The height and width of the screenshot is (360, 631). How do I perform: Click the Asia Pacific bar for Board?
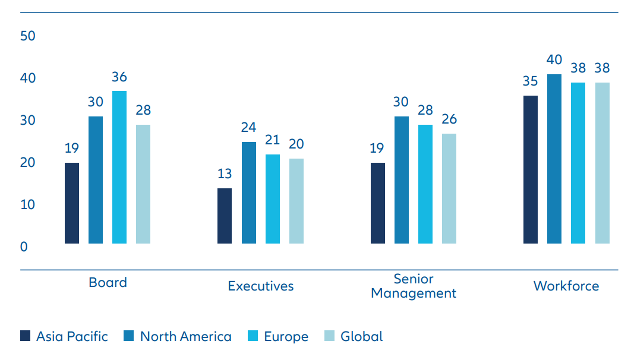coord(72,203)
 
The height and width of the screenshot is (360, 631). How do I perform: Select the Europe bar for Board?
coord(119,167)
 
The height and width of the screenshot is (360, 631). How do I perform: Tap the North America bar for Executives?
coord(249,192)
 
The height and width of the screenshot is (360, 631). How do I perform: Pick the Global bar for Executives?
coord(296,201)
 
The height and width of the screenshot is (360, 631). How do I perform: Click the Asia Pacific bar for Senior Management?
coord(378,203)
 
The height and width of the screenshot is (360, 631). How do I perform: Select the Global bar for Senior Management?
coord(449,188)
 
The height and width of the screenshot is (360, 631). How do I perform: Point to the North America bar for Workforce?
coord(554,159)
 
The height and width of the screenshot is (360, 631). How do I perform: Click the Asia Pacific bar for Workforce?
coord(531,169)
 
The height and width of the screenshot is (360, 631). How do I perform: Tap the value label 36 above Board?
coord(119,77)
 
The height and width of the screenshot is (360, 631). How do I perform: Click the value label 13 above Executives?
coord(225,174)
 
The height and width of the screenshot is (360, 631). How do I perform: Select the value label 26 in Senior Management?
coord(449,119)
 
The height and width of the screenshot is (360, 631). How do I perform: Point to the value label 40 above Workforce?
coord(554,60)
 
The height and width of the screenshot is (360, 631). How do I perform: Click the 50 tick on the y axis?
coord(28,36)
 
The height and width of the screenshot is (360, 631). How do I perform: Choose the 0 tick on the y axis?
coord(24,247)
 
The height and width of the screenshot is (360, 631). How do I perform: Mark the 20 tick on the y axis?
coord(28,162)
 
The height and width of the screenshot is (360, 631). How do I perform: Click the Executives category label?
coord(261,286)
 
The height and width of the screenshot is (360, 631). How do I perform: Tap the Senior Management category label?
coord(414,286)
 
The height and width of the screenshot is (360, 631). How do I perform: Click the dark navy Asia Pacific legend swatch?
coord(25,336)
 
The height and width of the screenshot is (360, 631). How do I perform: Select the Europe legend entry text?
coord(286,337)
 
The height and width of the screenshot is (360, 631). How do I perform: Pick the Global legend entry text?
coord(361,336)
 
